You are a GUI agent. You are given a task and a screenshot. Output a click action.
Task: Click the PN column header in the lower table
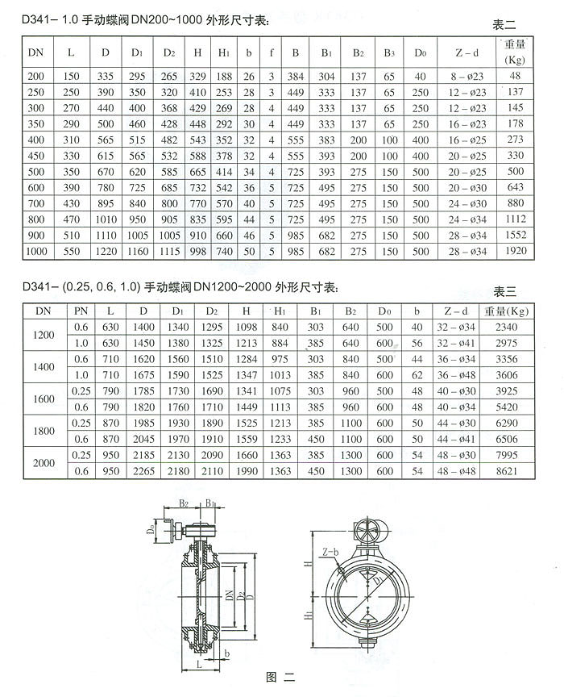pyautogui.click(x=81, y=311)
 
